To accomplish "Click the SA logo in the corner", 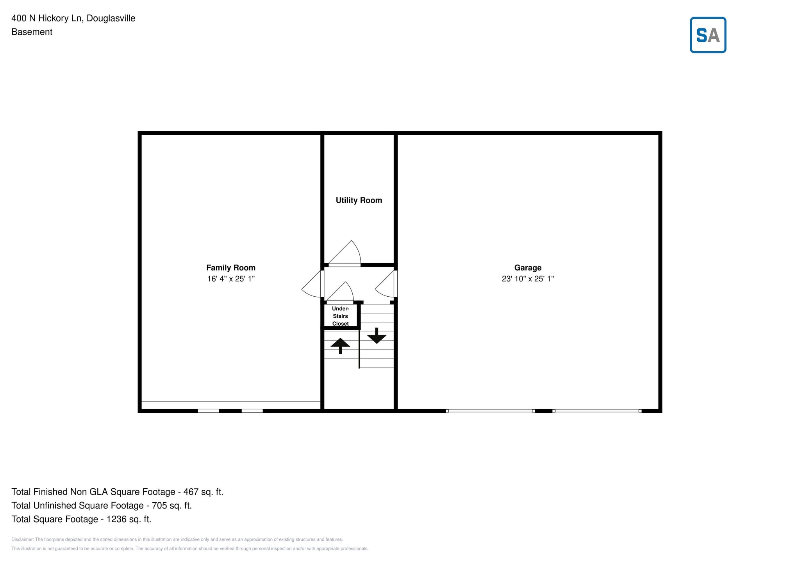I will point(707,35).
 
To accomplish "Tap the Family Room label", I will point(230,268).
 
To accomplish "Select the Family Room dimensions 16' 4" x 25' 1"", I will point(230,279).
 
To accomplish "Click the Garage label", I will point(527,268).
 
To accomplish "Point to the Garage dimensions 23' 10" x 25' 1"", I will point(527,279).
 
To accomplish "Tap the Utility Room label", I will point(359,200).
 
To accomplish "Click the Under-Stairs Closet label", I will point(340,316).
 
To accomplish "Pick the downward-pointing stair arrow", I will point(377,336).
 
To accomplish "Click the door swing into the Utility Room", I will point(346,253).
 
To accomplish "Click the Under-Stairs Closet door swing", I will point(341,292).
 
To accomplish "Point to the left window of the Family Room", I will point(208,411).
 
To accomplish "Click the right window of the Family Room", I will point(252,411).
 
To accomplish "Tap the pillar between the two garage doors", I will point(543,411).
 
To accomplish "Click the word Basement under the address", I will point(32,32).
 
